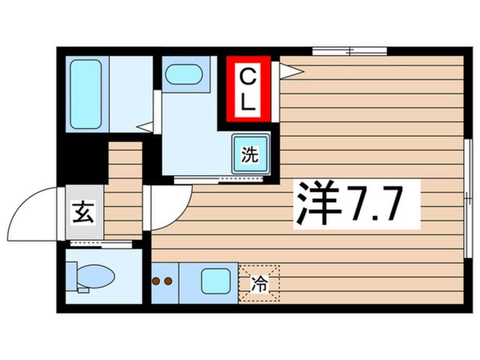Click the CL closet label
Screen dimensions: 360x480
tap(248, 89)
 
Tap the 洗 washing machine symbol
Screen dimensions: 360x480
tap(250, 155)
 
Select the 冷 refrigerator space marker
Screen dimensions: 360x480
tap(259, 282)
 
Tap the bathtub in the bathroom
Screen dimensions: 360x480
tap(86, 94)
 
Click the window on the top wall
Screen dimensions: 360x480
tap(350, 52)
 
